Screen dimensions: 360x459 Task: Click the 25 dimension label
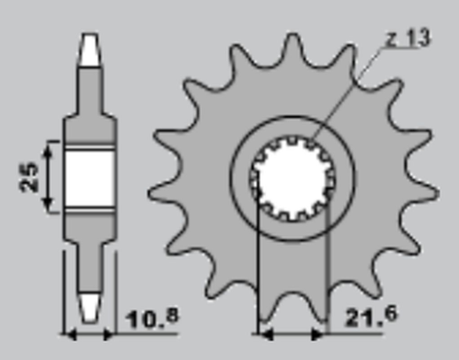29,176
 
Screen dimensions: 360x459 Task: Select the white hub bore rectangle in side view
89,176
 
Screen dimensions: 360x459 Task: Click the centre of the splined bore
292,178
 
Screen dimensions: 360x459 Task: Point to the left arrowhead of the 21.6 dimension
261,335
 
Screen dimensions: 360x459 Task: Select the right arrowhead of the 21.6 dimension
322,335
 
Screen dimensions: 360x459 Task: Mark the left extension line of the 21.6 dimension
256,266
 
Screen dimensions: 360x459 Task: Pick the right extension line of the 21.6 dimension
327,266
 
